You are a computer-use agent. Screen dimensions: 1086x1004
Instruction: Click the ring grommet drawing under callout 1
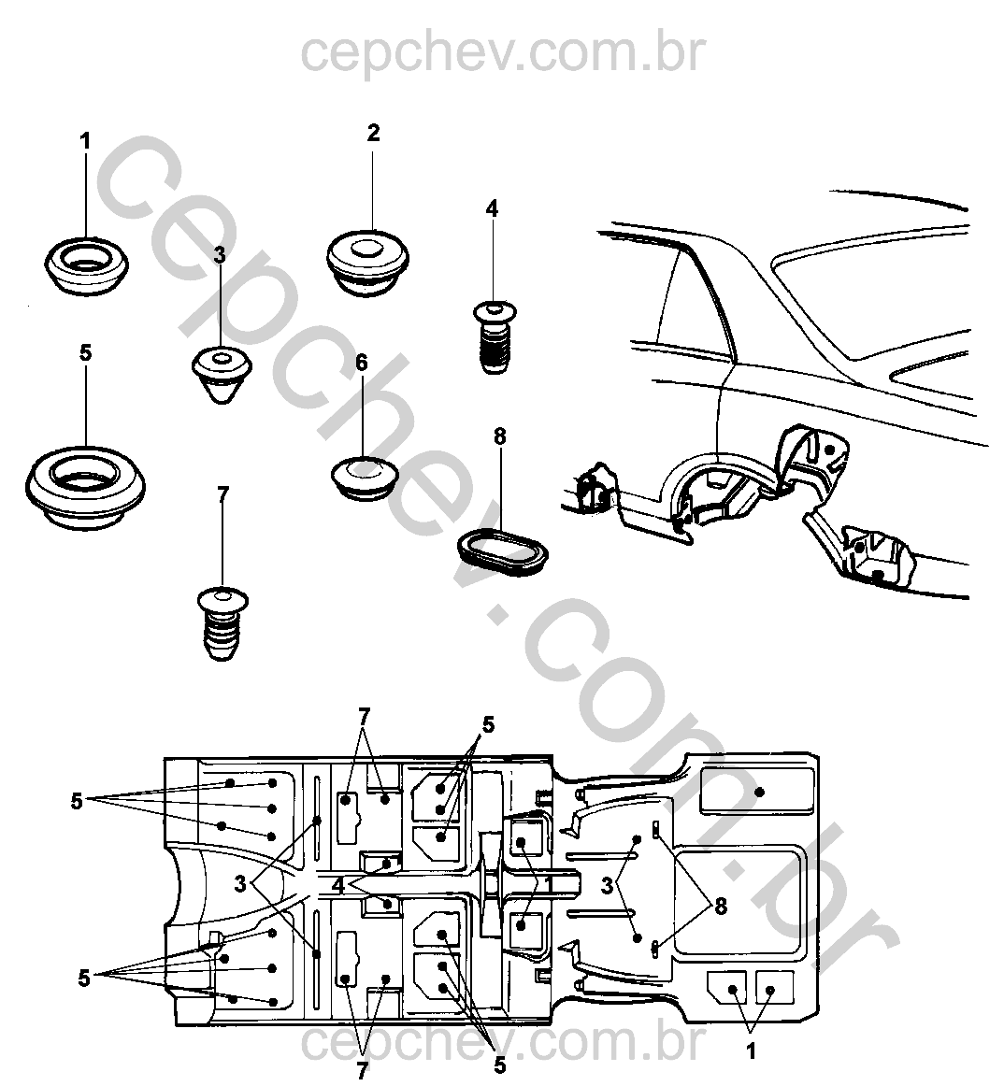(x=86, y=265)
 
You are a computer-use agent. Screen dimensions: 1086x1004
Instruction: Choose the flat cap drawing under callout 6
(x=365, y=476)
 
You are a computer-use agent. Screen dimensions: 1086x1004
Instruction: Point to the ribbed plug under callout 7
(x=222, y=622)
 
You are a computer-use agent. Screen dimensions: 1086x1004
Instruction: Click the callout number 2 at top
(x=373, y=133)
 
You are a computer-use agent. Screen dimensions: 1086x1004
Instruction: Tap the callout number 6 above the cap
(x=362, y=363)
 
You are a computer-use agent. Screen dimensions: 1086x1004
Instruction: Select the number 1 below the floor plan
(x=751, y=1052)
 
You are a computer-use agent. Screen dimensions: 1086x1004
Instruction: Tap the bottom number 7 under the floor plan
(x=363, y=1071)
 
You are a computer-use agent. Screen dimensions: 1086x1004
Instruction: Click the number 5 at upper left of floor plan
(x=78, y=800)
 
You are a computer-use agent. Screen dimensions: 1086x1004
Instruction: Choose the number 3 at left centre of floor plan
(x=240, y=883)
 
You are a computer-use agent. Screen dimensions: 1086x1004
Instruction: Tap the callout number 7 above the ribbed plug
(x=222, y=495)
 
